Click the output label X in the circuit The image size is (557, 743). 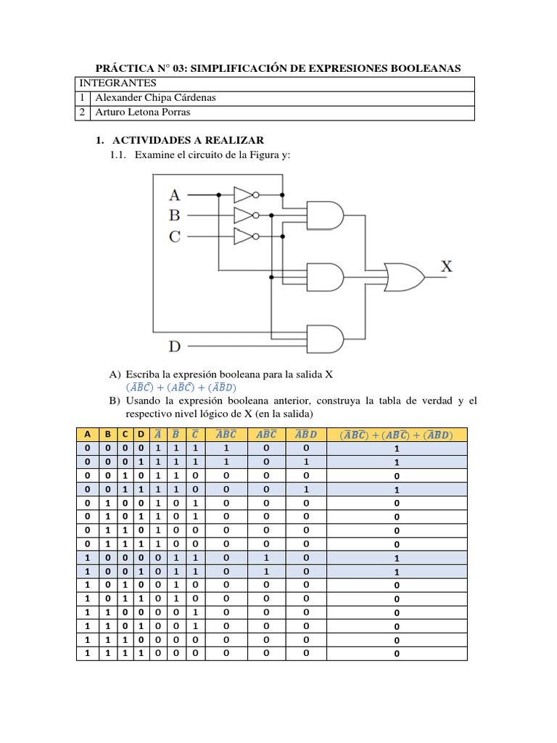[447, 266]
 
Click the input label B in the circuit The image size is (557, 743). [174, 215]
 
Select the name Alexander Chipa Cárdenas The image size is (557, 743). [154, 97]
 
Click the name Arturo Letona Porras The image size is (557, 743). [142, 112]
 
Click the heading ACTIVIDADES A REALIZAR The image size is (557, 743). [188, 139]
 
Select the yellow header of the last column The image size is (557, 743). [396, 435]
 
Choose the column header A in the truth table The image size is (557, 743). [87, 435]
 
